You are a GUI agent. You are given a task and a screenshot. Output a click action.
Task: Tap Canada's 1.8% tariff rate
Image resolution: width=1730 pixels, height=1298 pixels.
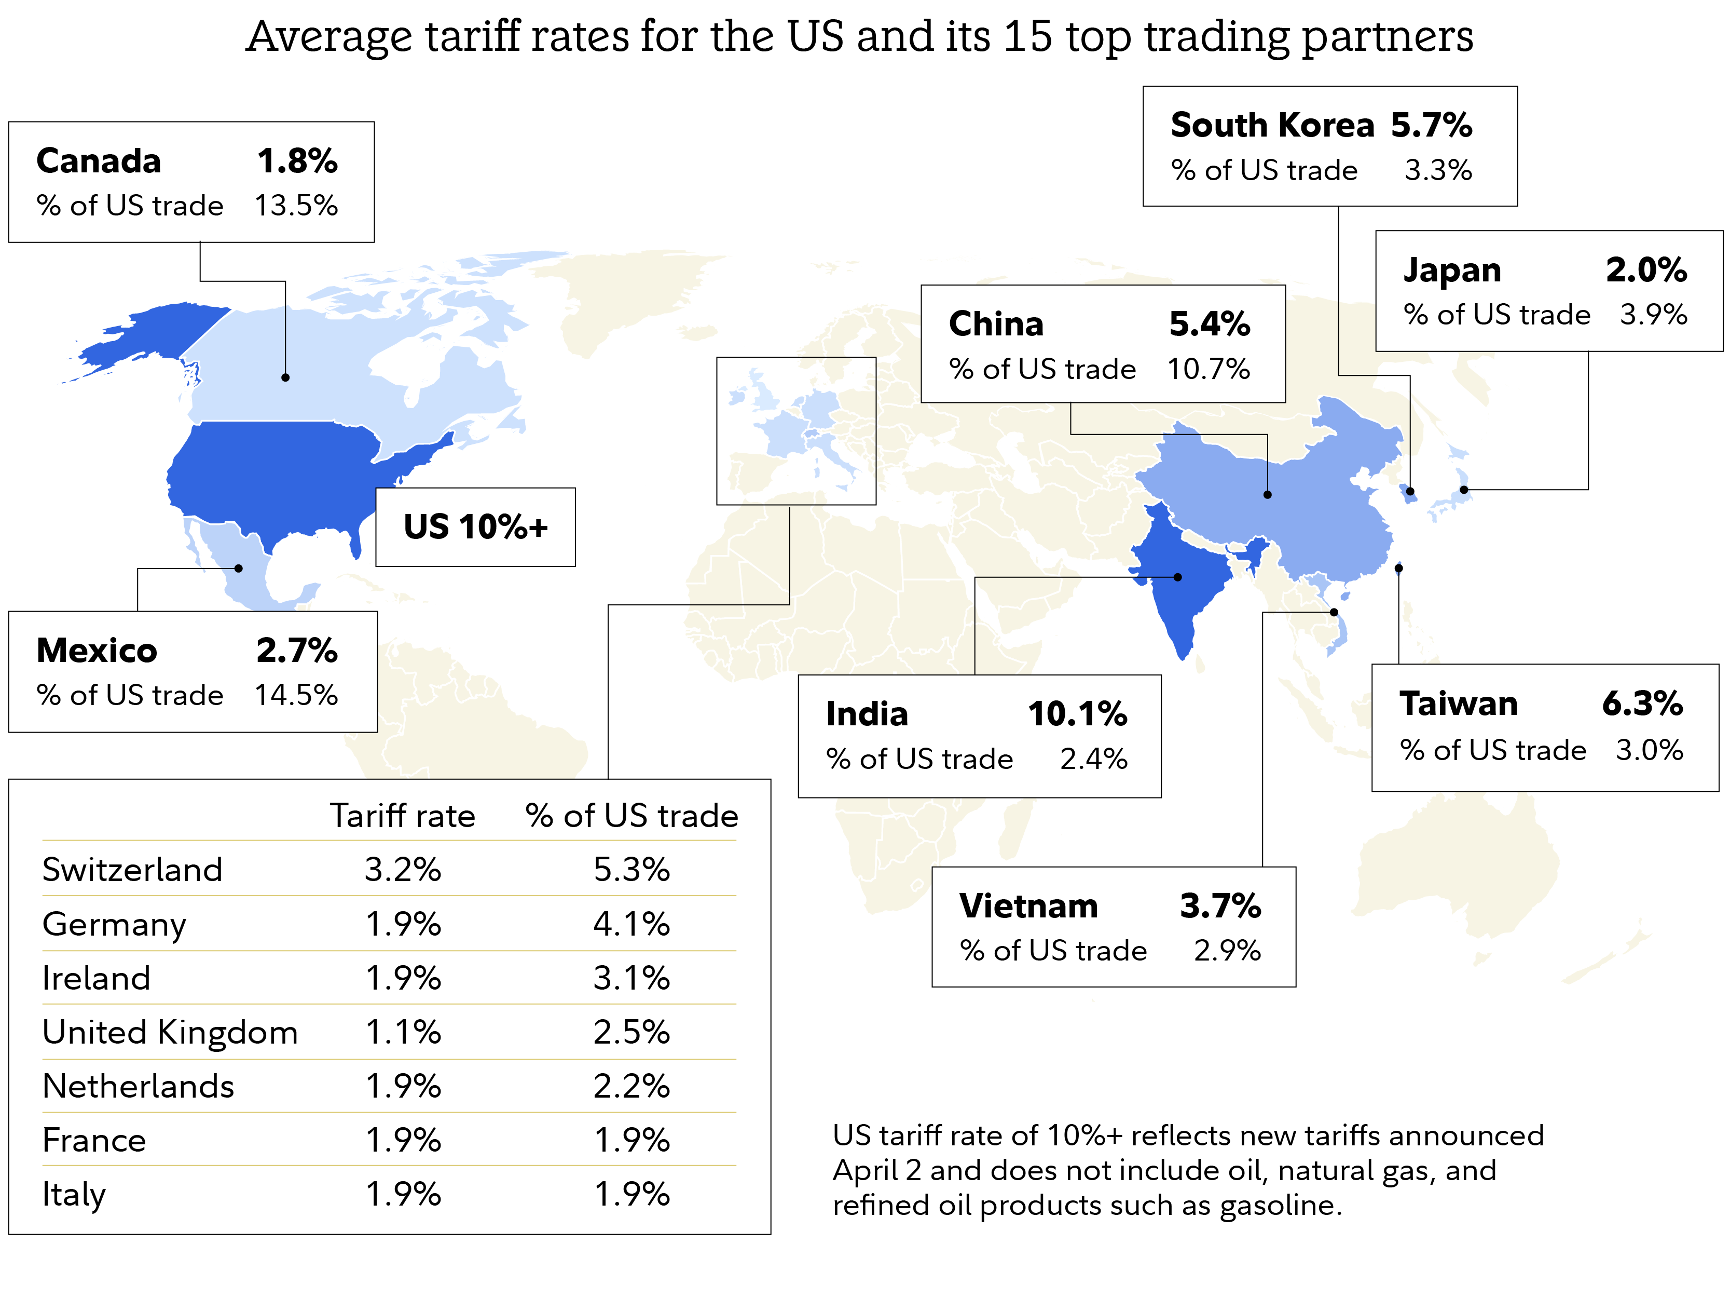point(297,161)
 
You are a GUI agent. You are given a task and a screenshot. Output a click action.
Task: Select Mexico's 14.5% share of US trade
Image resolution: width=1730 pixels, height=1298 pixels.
point(296,695)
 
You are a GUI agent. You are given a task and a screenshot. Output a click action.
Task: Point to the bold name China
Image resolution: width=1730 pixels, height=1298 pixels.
point(996,324)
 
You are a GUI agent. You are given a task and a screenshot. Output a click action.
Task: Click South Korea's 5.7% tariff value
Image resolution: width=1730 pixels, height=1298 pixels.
point(1431,125)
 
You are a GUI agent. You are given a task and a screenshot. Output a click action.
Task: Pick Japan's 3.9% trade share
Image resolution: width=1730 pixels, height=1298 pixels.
point(1653,315)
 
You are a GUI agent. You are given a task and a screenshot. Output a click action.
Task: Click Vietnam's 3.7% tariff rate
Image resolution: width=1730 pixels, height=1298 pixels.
point(1219,906)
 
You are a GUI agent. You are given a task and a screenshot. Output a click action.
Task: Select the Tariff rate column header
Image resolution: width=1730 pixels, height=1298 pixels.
point(402,816)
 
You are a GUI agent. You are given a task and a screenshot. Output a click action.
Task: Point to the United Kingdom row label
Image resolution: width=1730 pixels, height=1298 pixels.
point(170,1032)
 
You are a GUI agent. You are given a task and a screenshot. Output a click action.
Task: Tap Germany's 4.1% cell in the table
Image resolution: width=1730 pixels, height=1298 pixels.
point(631,924)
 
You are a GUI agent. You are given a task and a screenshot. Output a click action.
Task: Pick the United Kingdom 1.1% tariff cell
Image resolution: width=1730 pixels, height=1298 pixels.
point(403,1032)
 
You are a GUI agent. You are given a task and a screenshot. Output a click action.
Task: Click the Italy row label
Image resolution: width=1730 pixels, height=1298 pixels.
point(74,1195)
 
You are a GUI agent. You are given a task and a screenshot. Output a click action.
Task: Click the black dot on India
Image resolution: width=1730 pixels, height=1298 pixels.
point(1178,577)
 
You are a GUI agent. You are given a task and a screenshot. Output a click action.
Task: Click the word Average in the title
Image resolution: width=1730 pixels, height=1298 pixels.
point(328,37)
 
